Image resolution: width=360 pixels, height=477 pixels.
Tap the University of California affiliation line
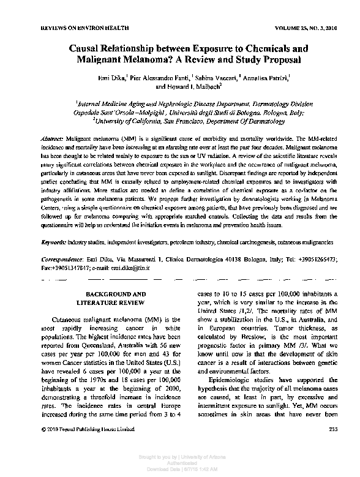click(x=181, y=121)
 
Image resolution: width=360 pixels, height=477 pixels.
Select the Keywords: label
click(x=54, y=243)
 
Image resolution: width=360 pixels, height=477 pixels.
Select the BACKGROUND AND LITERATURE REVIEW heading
click(x=114, y=298)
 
